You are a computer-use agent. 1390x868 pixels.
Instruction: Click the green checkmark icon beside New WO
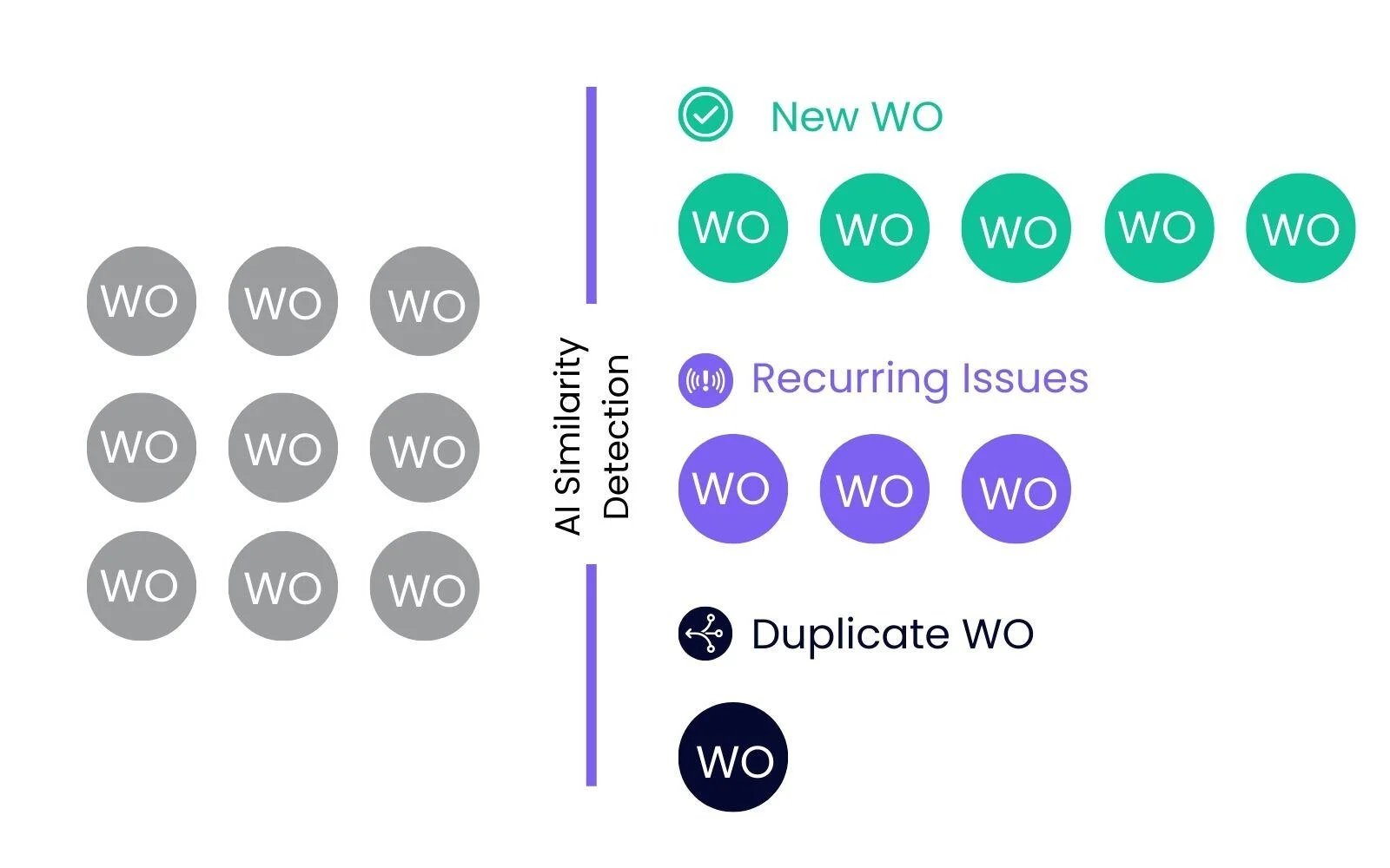click(705, 115)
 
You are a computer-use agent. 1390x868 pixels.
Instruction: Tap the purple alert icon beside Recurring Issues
click(705, 380)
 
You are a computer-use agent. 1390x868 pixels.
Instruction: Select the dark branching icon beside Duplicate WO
click(705, 634)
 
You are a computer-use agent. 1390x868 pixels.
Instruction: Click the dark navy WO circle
click(732, 757)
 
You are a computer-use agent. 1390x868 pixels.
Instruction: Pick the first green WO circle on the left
click(732, 227)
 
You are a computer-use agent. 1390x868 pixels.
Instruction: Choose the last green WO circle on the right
click(1300, 227)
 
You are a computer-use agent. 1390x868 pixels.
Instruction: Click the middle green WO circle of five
click(1016, 227)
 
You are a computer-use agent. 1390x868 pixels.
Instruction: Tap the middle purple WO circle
click(874, 489)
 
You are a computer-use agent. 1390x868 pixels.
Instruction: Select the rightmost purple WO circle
click(1016, 489)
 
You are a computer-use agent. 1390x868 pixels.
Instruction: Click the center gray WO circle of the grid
click(282, 447)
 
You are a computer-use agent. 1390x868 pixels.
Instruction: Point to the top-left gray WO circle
click(141, 301)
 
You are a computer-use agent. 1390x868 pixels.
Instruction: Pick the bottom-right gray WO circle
click(424, 586)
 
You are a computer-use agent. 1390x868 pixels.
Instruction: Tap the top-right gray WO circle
click(424, 301)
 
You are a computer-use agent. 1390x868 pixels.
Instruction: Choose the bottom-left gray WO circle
click(141, 586)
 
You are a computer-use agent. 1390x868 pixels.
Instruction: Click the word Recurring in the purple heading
click(849, 379)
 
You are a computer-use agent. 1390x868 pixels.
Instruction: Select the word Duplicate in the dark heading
click(849, 634)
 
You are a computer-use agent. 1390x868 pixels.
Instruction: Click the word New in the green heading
click(814, 116)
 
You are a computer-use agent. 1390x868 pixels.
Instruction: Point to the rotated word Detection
click(616, 436)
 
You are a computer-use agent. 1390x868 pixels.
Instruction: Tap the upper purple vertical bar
click(592, 195)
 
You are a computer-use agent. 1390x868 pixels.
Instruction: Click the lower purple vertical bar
click(592, 675)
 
